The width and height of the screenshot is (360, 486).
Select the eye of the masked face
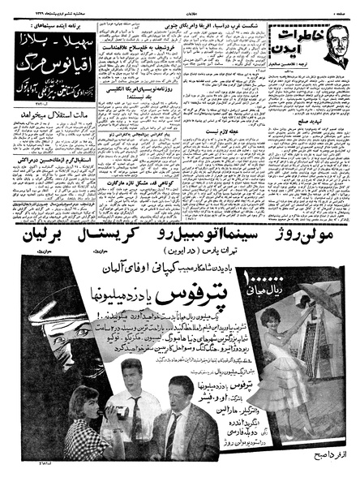[x=60, y=332]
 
